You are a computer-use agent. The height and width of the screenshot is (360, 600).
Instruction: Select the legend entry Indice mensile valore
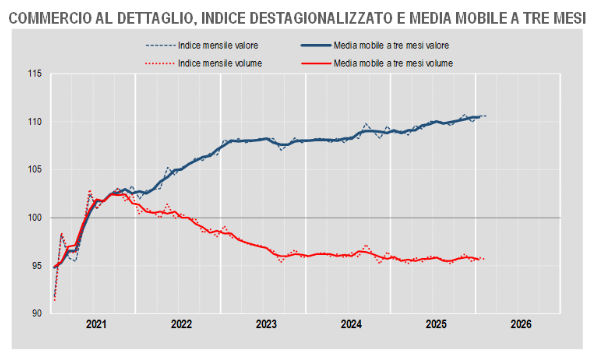[210, 46]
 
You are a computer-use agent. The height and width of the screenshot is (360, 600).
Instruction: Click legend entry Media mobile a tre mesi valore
[393, 46]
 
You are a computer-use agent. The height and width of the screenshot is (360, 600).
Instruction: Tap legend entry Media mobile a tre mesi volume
[393, 62]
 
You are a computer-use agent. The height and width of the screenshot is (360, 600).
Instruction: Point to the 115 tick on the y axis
[35, 74]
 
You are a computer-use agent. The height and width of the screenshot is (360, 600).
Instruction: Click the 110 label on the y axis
[35, 122]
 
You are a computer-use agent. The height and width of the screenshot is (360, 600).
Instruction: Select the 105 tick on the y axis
[35, 170]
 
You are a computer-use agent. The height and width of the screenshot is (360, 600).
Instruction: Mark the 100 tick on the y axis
[35, 218]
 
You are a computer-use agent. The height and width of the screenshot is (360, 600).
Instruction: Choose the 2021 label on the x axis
[96, 325]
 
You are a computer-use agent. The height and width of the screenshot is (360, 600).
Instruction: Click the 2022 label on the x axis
[181, 325]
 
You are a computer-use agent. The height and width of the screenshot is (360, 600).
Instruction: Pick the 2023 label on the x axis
[266, 325]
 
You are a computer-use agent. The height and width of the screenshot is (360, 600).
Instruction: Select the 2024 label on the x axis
[351, 325]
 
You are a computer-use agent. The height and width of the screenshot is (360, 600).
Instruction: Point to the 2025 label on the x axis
[436, 325]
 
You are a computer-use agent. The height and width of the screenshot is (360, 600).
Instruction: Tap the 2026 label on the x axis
[521, 325]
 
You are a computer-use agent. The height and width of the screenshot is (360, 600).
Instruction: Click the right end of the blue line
[484, 116]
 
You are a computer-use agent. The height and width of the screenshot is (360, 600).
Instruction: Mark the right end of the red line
[484, 259]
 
